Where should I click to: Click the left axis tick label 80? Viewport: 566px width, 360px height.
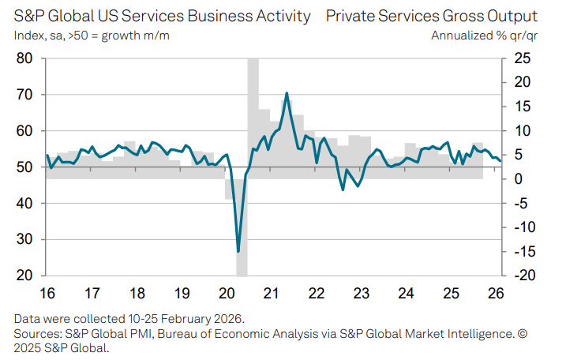click(24, 58)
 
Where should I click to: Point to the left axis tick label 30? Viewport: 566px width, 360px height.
click(24, 239)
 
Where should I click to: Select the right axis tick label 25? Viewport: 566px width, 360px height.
click(523, 58)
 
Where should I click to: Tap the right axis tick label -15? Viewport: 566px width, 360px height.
click(520, 251)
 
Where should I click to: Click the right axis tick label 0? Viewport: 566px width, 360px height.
click(519, 178)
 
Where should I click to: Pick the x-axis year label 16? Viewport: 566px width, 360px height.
click(47, 293)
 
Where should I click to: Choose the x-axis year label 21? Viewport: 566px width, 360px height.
click(271, 293)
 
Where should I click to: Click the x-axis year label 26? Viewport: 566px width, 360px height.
click(496, 293)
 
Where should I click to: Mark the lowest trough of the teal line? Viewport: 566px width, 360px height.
click(238, 251)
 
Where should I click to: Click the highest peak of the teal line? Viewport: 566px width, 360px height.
click(287, 93)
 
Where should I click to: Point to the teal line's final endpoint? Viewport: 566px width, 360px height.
click(500, 161)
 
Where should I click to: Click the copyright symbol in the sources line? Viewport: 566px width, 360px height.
click(523, 334)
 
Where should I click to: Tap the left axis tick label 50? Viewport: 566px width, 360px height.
click(24, 167)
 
